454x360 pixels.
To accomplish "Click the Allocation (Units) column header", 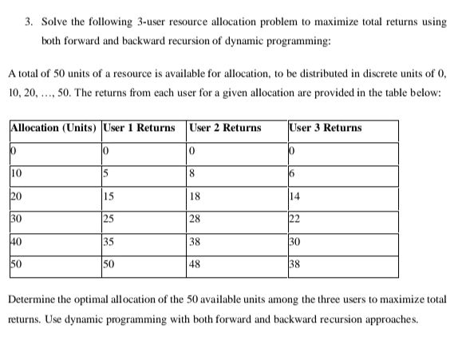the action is click(53, 128).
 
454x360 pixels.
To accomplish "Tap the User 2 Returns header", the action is click(225, 128).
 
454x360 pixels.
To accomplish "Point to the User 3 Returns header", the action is click(326, 128).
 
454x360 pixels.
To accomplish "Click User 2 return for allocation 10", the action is click(193, 172).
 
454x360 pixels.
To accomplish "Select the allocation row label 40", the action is click(16, 239).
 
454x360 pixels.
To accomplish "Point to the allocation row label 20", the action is click(16, 194).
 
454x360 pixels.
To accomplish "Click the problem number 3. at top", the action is click(28, 22).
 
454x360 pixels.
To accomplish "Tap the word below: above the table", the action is click(427, 93).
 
